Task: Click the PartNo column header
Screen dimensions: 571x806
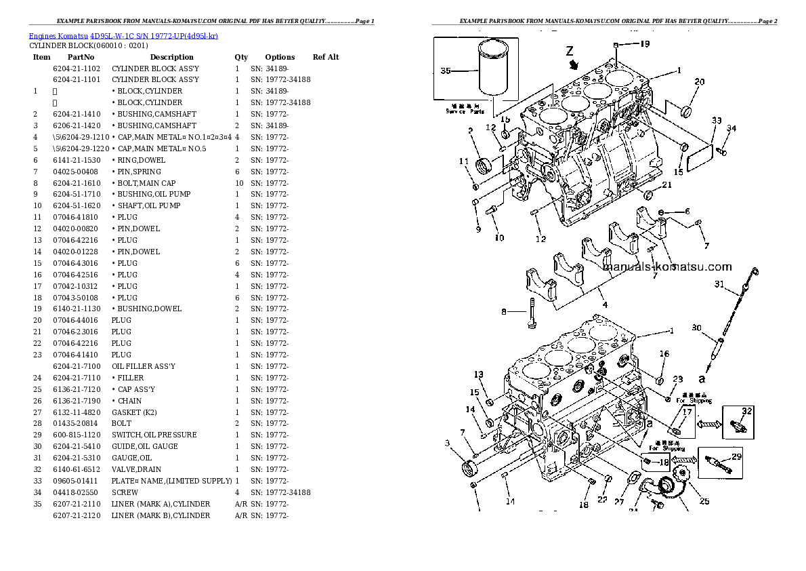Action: click(x=81, y=57)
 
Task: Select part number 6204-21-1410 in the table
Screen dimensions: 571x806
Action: click(x=77, y=114)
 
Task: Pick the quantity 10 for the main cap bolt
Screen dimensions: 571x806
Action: click(x=238, y=183)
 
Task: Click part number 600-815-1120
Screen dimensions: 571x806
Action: click(x=77, y=435)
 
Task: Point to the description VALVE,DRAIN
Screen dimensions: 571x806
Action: click(x=137, y=469)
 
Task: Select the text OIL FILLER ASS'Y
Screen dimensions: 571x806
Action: click(x=144, y=366)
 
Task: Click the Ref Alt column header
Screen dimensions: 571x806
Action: click(x=326, y=57)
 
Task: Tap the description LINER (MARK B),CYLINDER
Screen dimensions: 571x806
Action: click(x=161, y=515)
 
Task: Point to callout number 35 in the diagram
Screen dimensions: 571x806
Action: click(x=446, y=71)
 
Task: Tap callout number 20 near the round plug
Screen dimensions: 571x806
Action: click(x=699, y=81)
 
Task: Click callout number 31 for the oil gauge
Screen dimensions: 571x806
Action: click(x=719, y=283)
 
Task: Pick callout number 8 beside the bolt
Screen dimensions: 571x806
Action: click(x=503, y=312)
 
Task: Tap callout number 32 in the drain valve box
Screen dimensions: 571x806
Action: click(x=746, y=411)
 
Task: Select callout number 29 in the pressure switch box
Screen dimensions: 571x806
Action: click(x=736, y=456)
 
